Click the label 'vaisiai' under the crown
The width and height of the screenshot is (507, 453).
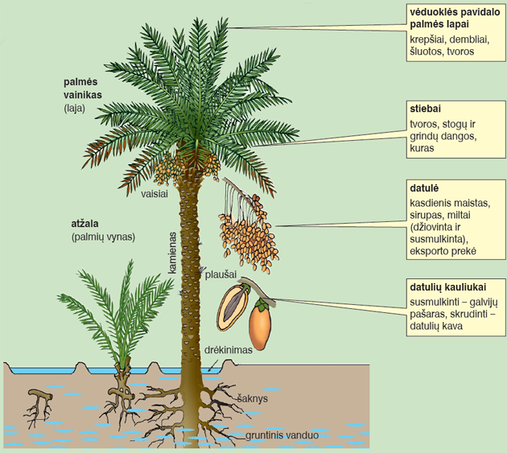(155, 194)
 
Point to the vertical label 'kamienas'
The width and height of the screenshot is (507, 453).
(172, 253)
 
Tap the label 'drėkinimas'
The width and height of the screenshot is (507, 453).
(229, 350)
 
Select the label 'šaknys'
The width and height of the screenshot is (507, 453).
(253, 398)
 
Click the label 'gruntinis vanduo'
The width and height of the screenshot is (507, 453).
(282, 435)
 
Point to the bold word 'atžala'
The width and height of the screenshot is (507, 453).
(84, 224)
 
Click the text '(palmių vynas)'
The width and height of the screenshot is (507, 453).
(103, 237)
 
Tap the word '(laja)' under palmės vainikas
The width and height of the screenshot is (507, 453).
(74, 109)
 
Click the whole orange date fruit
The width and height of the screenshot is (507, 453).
(260, 324)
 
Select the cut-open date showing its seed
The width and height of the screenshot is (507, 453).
(233, 307)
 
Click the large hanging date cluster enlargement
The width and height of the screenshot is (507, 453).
(249, 226)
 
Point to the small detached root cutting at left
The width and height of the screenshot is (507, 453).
(38, 407)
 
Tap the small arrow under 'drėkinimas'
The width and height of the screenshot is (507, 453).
(212, 365)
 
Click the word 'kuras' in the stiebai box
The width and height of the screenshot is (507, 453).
(422, 148)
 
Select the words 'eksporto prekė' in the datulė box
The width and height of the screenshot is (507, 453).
(443, 251)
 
